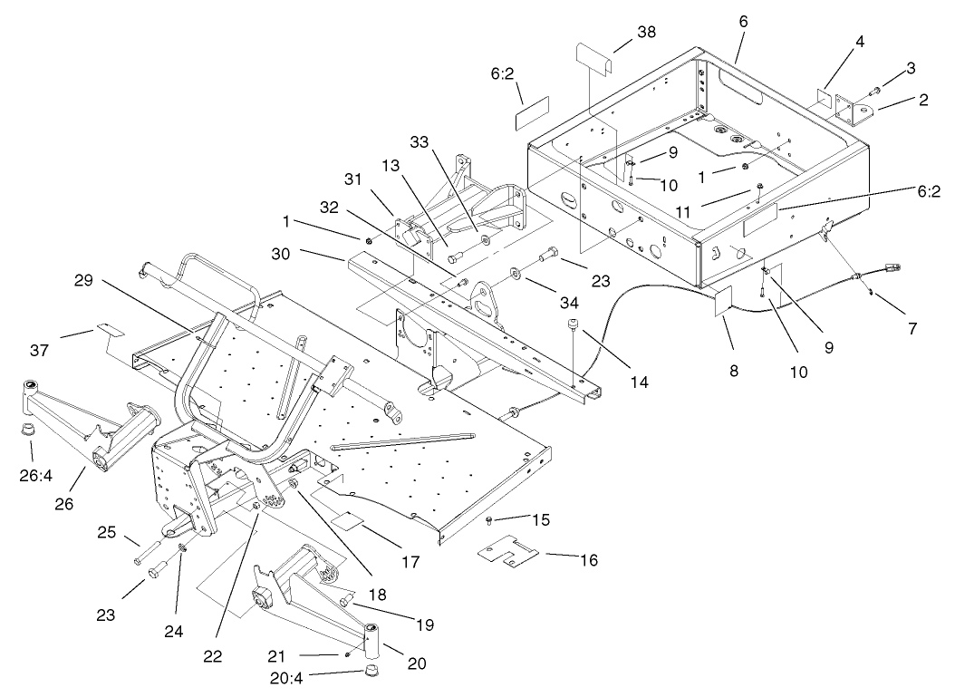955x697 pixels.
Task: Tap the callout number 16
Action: (589, 560)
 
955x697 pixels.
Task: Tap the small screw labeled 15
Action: (490, 519)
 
